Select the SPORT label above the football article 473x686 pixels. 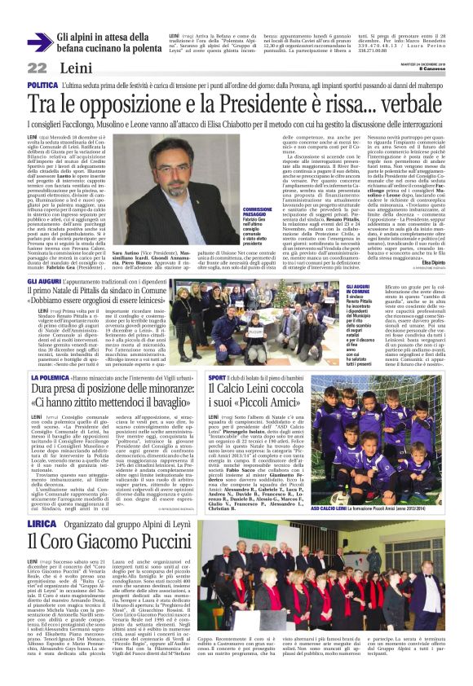coord(217,379)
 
